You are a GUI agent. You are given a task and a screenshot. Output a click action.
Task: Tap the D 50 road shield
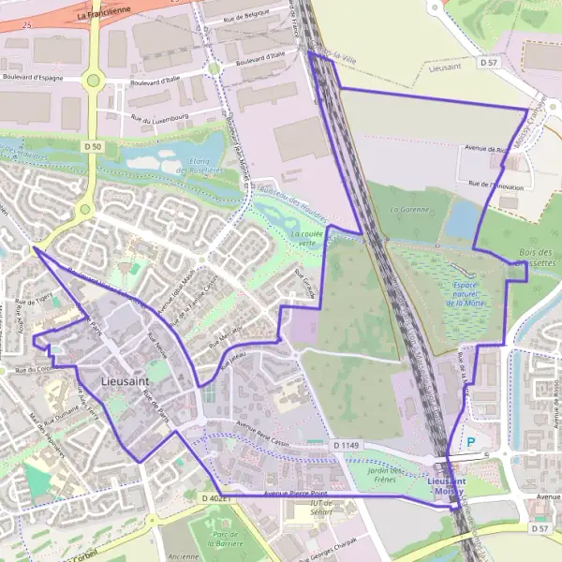tap(92, 147)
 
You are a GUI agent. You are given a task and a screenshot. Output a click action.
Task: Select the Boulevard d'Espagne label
tap(33, 78)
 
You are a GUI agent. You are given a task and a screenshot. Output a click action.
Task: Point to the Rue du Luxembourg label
tap(160, 119)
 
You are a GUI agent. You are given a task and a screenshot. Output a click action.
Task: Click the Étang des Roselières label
tap(193, 163)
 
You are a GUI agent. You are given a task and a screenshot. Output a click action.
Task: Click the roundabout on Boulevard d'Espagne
tap(92, 80)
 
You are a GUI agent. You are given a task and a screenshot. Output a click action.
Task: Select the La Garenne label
tap(409, 209)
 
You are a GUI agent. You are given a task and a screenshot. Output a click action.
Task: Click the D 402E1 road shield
tap(215, 498)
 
